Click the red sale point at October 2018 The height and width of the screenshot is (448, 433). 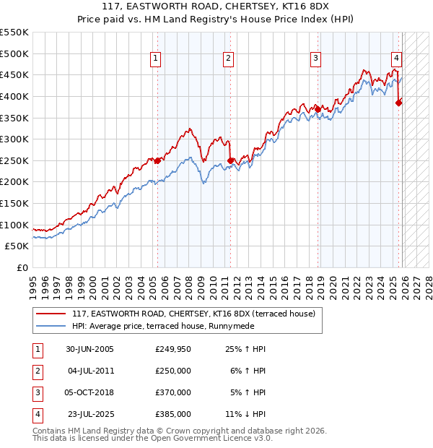click(x=318, y=109)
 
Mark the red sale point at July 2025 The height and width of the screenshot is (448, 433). click(x=398, y=103)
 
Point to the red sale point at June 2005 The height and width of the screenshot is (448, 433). click(x=157, y=160)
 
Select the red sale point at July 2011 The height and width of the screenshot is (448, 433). click(x=230, y=160)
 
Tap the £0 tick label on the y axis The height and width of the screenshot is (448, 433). click(x=22, y=267)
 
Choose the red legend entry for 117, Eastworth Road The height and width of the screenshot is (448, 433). click(x=193, y=314)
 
